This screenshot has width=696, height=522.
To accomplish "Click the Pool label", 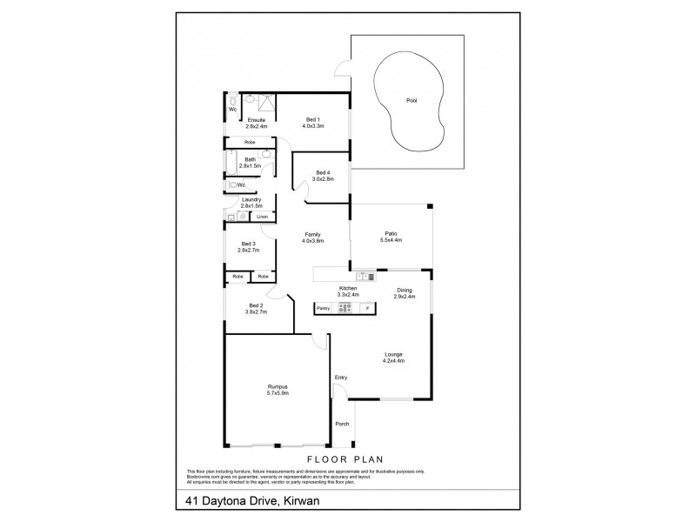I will (412, 100).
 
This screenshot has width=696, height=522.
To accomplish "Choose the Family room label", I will (313, 233).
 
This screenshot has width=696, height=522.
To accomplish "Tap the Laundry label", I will (251, 199).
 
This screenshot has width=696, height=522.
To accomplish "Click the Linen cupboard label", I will (261, 216).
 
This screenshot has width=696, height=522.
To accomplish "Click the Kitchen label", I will (350, 291).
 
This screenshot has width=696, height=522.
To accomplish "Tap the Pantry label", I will (323, 308).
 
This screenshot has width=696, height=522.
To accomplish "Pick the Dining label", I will (405, 291).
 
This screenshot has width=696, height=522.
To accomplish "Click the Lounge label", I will (394, 354).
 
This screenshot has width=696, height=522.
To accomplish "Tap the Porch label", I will (342, 424).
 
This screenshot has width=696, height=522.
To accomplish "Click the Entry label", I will (340, 377).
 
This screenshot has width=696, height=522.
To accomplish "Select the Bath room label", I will (251, 159).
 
